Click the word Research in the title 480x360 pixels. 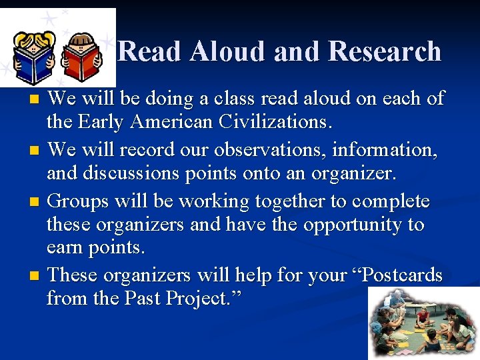[385, 51]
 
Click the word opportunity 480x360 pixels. [354, 225]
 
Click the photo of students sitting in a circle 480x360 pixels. [423, 323]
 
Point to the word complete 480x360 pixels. [391, 201]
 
